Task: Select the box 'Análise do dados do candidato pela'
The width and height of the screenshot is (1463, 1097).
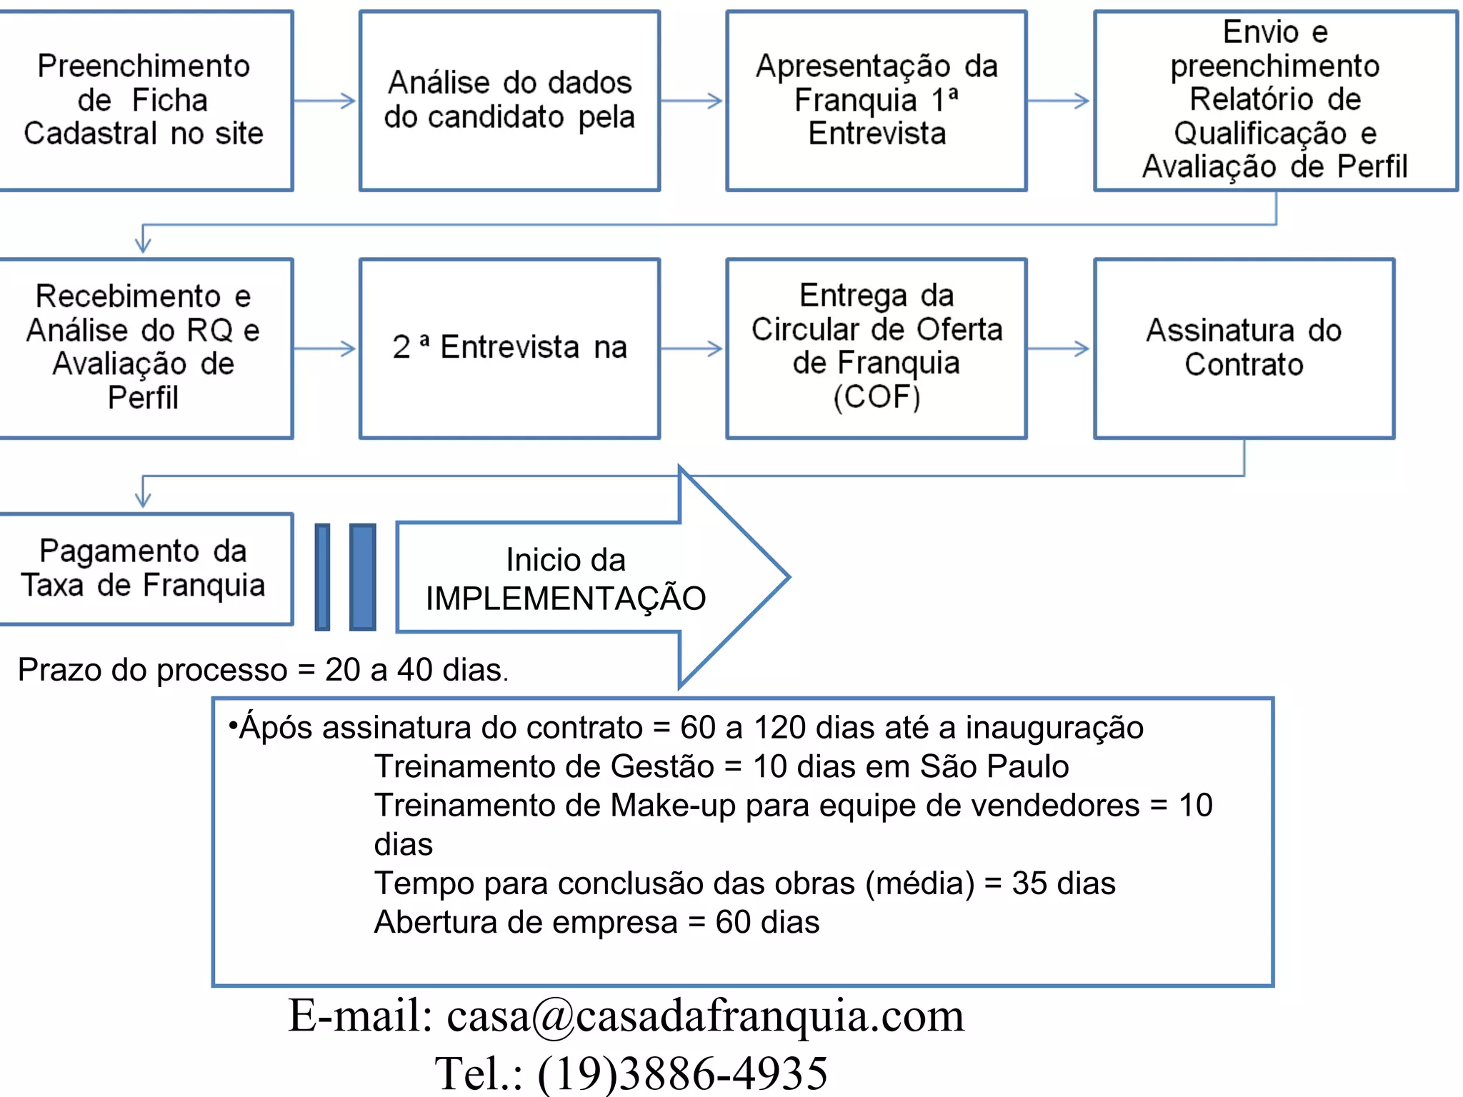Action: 509,100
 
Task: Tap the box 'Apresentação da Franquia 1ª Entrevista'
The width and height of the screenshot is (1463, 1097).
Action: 877,100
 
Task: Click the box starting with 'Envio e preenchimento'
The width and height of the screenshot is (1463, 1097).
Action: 1275,100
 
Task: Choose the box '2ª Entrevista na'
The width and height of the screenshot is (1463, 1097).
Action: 509,348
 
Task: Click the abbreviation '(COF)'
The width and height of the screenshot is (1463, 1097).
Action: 877,397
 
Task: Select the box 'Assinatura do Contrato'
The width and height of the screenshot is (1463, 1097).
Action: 1244,348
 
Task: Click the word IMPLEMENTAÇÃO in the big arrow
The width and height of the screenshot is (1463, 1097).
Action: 566,598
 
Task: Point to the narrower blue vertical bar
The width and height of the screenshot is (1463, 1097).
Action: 323,577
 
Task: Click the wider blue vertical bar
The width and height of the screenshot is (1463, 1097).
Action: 363,577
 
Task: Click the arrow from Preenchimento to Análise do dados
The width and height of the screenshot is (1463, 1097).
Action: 325,101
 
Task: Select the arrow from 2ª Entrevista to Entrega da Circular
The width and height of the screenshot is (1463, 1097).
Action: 692,349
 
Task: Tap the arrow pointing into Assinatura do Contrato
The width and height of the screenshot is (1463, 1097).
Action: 1059,349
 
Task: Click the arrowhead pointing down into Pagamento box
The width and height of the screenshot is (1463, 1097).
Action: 143,499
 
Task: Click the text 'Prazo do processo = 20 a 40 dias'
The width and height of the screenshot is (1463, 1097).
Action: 263,670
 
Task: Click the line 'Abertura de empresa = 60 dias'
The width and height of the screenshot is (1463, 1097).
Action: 596,922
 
